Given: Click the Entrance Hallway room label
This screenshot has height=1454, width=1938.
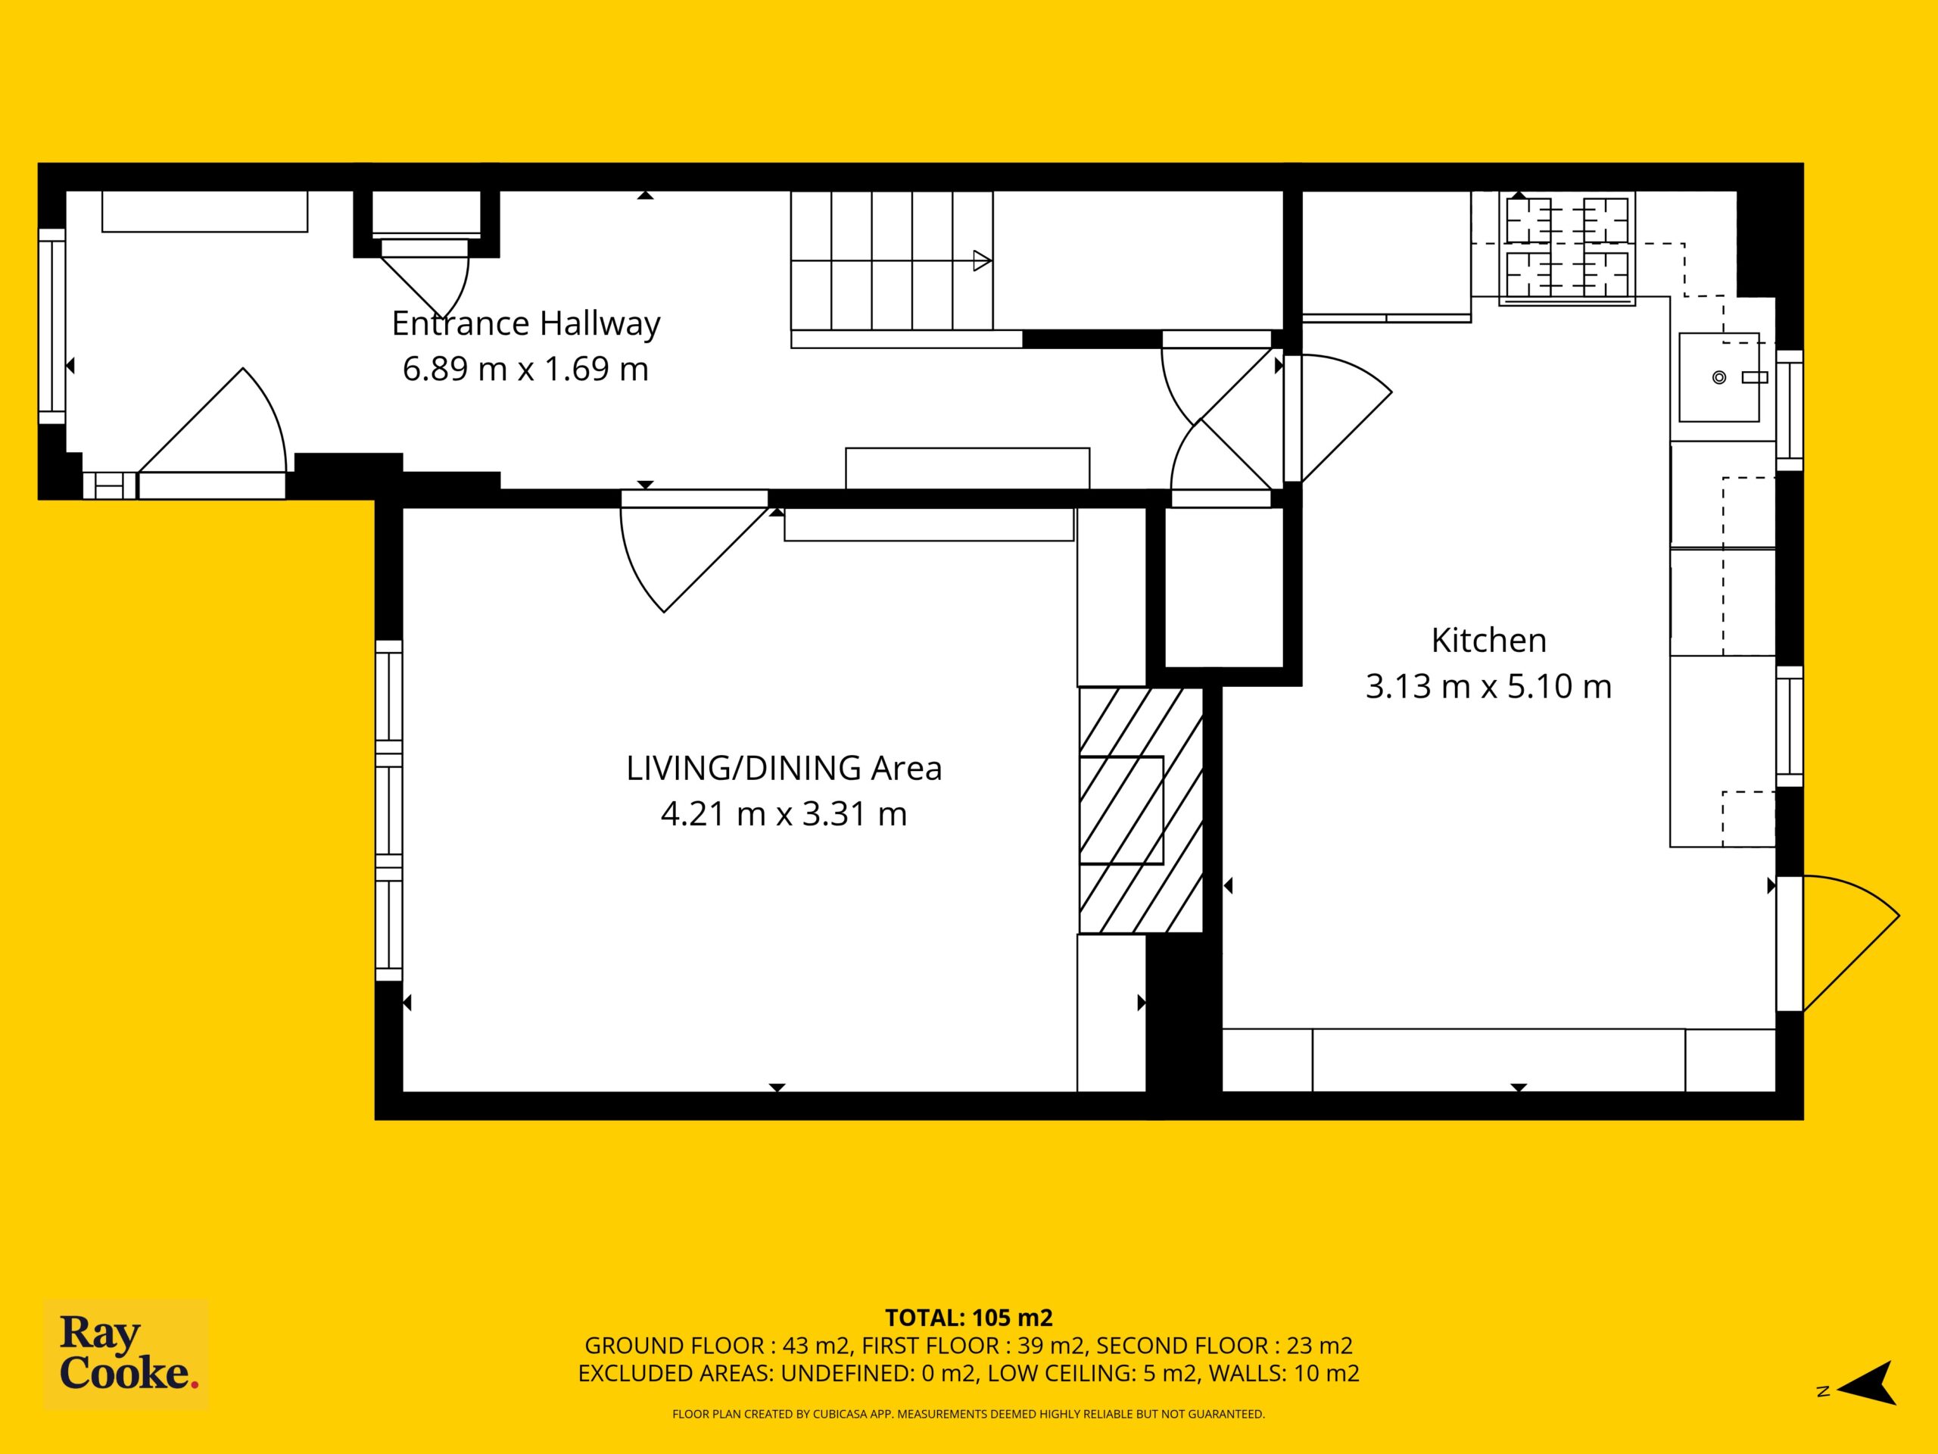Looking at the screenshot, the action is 525,324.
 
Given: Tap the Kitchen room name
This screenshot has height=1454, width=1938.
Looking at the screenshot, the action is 1488,641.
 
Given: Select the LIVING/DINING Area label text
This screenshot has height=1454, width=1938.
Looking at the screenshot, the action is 784,769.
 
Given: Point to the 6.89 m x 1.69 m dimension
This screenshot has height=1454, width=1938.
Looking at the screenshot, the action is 525,369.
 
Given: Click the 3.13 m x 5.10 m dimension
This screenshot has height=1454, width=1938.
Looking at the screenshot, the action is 1488,686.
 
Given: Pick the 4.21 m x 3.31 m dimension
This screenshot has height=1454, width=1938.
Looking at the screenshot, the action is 784,814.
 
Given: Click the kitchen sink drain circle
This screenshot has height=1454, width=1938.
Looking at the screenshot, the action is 1719,378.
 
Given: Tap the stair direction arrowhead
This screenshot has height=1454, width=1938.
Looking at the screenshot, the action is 982,261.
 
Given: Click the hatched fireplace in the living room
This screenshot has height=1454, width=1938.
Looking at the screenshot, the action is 1141,810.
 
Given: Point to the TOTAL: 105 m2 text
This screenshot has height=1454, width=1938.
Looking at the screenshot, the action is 969,1318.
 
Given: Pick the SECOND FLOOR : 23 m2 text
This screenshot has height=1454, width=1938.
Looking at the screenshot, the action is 1225,1345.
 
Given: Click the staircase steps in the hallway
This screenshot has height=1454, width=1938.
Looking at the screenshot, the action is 892,261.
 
